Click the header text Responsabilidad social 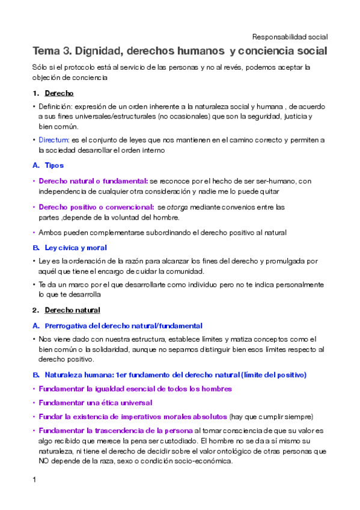[290, 36]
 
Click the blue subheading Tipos [54, 165]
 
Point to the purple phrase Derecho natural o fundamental [93, 180]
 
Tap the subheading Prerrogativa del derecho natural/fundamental [123, 325]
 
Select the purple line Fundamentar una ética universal [96, 402]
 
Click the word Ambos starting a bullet [50, 232]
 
